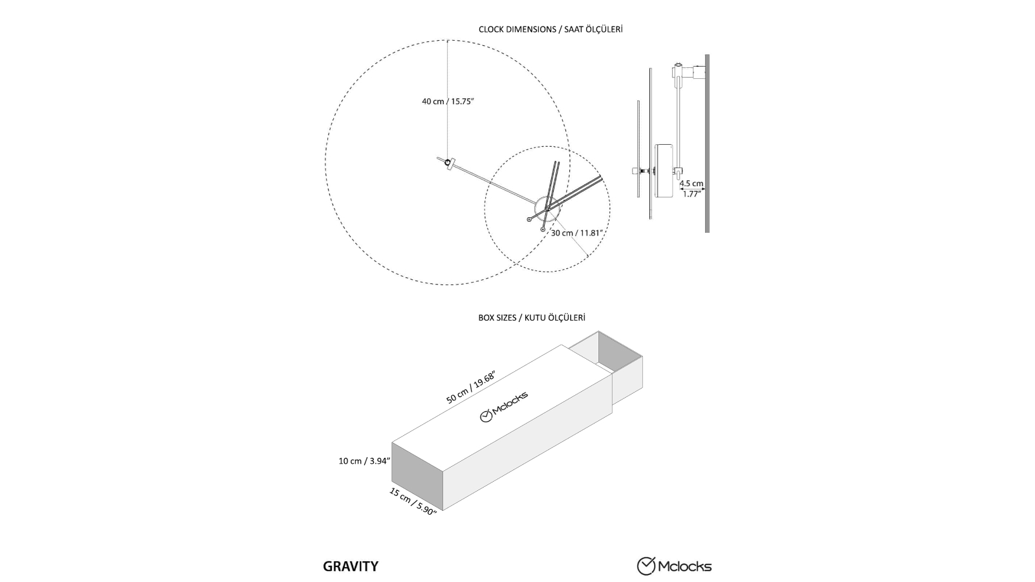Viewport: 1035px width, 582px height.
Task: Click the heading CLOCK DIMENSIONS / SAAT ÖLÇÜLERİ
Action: point(550,29)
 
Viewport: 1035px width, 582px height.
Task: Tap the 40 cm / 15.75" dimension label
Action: point(448,102)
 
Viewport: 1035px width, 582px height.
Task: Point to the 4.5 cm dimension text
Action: point(691,184)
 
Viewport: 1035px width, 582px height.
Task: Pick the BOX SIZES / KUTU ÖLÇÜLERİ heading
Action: point(532,318)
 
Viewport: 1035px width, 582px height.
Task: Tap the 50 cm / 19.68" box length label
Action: point(470,388)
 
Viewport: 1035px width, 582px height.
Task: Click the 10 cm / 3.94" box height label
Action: point(364,461)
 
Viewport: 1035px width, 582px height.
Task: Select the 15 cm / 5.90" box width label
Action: point(413,501)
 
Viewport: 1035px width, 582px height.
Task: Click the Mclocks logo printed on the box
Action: point(504,406)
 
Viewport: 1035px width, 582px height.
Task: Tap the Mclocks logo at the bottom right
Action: point(674,566)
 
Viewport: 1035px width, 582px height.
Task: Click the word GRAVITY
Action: point(351,566)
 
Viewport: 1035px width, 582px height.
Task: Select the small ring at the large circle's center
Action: point(447,162)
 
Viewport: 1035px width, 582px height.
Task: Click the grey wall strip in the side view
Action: point(707,142)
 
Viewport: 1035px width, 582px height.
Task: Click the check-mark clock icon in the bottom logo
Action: point(646,566)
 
